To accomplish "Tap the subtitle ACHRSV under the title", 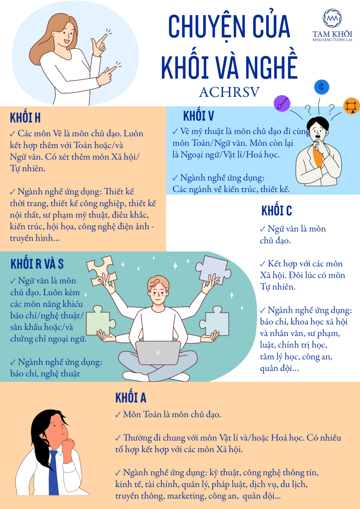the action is point(229,92).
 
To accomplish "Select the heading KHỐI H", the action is point(25,117).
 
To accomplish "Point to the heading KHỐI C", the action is point(276,210).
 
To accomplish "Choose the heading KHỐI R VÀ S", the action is point(37,263).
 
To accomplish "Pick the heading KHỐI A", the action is point(130,397).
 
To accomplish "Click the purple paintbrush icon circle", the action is point(282,103).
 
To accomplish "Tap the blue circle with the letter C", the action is point(321,87).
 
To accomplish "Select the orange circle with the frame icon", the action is point(352,106).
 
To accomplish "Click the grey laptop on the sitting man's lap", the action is point(158,352).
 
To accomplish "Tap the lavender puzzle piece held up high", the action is point(213,270).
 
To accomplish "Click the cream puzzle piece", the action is point(101,270).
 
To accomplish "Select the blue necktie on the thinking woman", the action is point(53,475).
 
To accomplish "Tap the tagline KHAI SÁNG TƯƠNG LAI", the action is point(332,40).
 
